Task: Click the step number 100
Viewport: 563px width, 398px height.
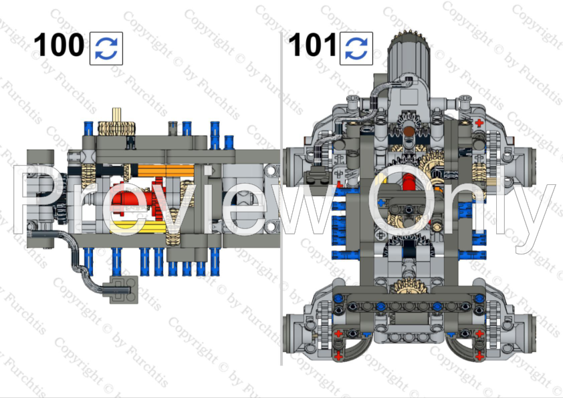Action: pyautogui.click(x=59, y=45)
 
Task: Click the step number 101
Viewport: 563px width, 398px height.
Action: pyautogui.click(x=312, y=45)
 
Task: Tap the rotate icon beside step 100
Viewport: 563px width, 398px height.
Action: pyautogui.click(x=106, y=48)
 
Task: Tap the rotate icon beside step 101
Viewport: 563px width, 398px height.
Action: pyautogui.click(x=356, y=48)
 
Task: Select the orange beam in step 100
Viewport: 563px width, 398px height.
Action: pyautogui.click(x=166, y=171)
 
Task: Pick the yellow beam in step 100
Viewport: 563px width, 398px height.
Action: pyautogui.click(x=138, y=227)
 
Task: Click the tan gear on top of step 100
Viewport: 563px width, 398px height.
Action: pyautogui.click(x=117, y=128)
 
